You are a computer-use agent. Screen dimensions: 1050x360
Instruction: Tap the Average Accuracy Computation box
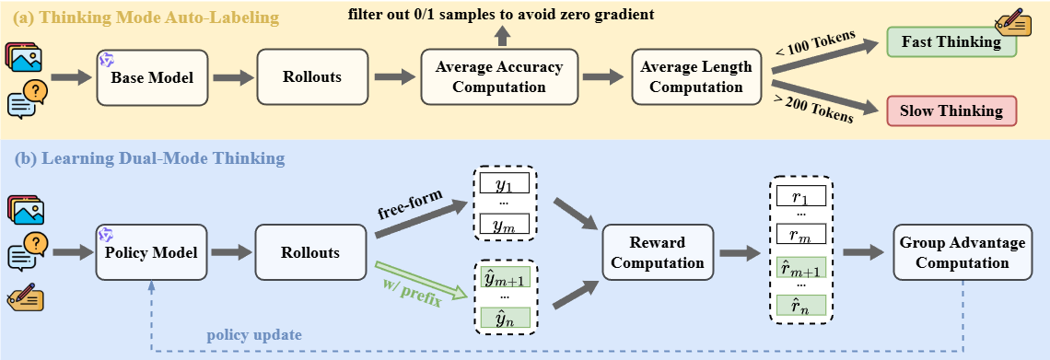499,77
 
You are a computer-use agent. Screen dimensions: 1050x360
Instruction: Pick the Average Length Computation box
695,77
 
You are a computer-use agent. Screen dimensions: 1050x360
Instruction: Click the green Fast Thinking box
951,42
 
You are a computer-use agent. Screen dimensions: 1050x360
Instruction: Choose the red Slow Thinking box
951,111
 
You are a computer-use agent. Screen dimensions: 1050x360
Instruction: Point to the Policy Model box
151,252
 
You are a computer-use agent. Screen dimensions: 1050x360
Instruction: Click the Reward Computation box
658,252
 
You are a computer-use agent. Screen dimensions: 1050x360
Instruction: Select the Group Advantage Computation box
962,252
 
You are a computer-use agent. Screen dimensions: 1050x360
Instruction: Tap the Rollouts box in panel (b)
310,252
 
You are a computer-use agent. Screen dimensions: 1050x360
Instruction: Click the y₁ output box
504,182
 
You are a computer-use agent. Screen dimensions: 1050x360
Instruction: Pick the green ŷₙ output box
504,317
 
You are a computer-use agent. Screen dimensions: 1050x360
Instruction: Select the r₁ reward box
801,196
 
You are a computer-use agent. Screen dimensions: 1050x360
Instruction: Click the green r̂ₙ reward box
801,306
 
